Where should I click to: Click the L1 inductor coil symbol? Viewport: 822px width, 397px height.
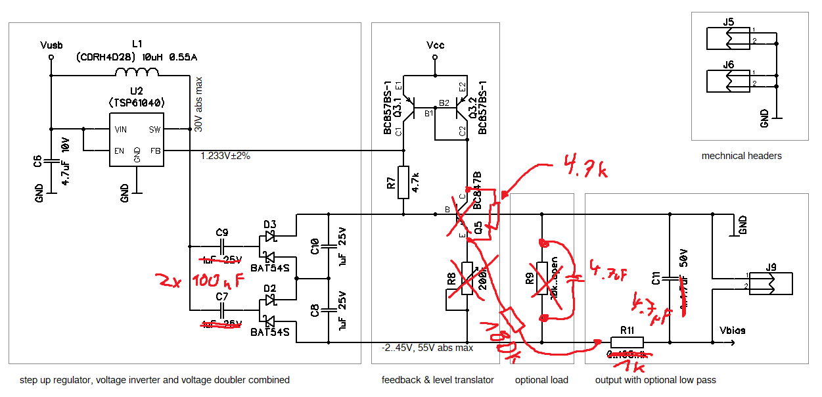137,72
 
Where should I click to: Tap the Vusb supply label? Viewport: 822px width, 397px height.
51,45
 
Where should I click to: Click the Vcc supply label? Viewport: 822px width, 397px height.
435,45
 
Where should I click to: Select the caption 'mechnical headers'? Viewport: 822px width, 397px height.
741,156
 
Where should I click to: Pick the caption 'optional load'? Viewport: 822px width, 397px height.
541,380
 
